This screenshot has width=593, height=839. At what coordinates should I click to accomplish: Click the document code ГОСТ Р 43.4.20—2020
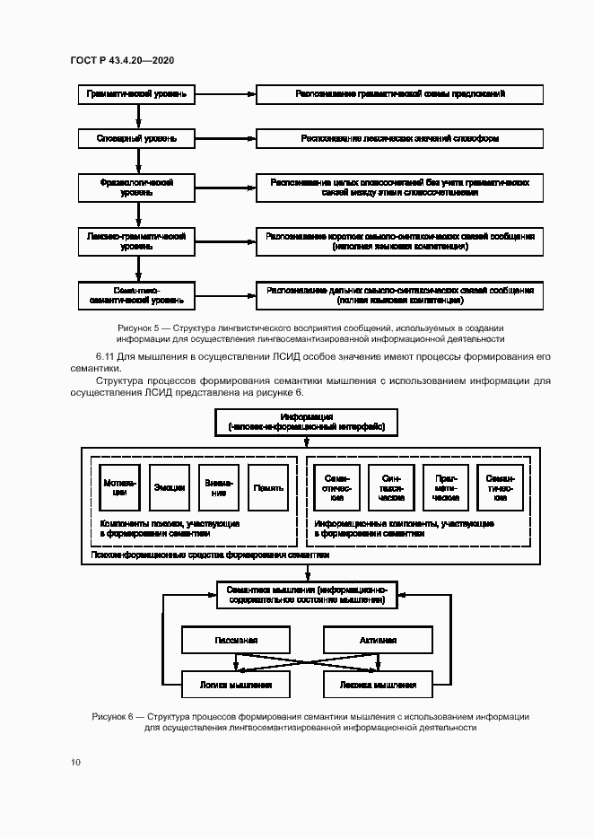(122, 60)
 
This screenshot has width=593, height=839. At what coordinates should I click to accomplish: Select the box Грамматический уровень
(136, 93)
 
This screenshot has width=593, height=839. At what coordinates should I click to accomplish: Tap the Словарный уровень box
(136, 139)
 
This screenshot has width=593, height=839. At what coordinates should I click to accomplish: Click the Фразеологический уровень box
(136, 188)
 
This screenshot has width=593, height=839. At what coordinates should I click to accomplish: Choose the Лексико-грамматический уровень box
(136, 240)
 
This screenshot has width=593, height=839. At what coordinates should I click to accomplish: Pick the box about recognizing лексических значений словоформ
(399, 139)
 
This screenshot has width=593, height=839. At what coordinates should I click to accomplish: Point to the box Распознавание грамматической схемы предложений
(399, 93)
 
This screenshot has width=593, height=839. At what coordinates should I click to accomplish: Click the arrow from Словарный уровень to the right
(225, 139)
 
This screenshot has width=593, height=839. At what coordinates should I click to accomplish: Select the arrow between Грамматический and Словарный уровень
(136, 116)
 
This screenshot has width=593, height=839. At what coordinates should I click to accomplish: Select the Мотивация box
(120, 488)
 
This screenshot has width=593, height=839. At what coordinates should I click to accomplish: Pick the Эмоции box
(169, 488)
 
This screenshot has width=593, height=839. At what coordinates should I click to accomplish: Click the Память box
(268, 488)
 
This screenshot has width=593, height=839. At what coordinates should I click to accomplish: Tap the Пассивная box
(236, 641)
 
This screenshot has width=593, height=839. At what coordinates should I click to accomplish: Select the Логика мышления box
(236, 685)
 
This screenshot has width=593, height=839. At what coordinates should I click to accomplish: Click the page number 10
(75, 763)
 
